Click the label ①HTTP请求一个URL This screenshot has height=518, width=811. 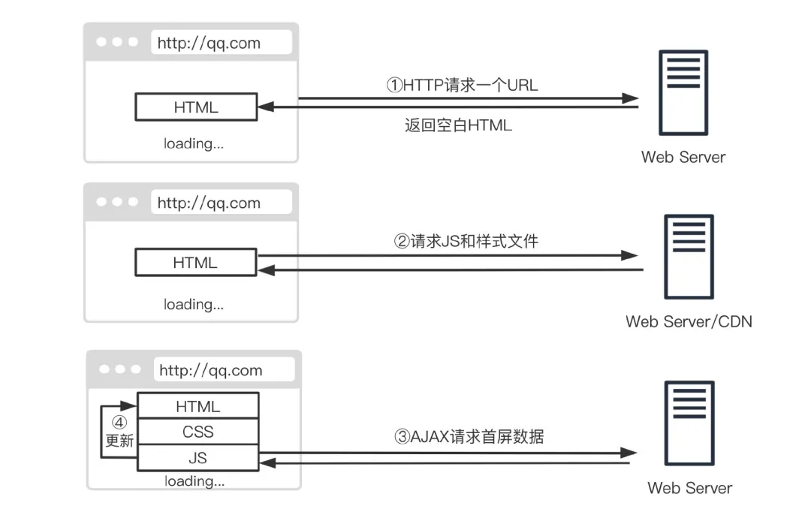pyautogui.click(x=462, y=85)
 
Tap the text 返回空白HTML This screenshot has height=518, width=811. pyautogui.click(x=458, y=125)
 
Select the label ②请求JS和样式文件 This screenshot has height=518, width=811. pyautogui.click(x=466, y=241)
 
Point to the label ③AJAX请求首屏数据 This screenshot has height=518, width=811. pyautogui.click(x=469, y=436)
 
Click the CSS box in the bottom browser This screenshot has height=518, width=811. pyautogui.click(x=197, y=432)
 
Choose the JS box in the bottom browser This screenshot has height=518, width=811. pyautogui.click(x=197, y=457)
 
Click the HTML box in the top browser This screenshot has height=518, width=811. pyautogui.click(x=196, y=107)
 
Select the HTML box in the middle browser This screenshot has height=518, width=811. pyautogui.click(x=195, y=263)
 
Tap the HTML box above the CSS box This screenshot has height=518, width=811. pyautogui.click(x=197, y=406)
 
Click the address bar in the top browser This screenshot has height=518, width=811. pyautogui.click(x=221, y=43)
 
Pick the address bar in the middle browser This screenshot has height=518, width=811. pyautogui.click(x=221, y=203)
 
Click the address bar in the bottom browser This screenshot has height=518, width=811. pyautogui.click(x=223, y=370)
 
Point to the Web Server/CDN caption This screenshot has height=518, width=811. pyautogui.click(x=689, y=321)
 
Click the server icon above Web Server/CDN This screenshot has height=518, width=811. pyautogui.click(x=689, y=256)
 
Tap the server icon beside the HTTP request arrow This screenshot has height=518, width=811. pyautogui.click(x=683, y=92)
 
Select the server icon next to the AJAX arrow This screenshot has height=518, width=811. pyautogui.click(x=689, y=423)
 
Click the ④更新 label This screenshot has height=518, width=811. pyautogui.click(x=119, y=432)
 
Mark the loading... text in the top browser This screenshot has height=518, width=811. pyautogui.click(x=194, y=143)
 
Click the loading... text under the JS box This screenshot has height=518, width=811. pyautogui.click(x=194, y=480)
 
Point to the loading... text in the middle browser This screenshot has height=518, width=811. pyautogui.click(x=194, y=304)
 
